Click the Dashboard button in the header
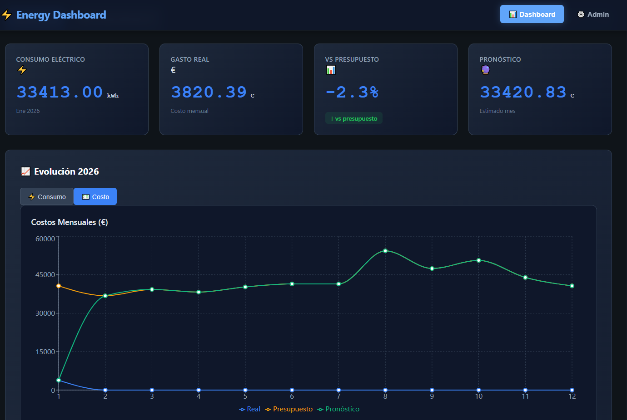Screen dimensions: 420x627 point(532,15)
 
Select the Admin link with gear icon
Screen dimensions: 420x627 point(593,15)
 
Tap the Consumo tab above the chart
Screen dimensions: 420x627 point(47,197)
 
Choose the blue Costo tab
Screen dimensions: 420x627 point(95,197)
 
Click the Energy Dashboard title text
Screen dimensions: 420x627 point(61,15)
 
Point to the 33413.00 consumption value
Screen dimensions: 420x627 point(60,92)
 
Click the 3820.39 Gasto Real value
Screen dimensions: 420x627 point(209,92)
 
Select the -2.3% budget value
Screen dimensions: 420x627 point(352,92)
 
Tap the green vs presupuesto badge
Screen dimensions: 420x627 point(354,118)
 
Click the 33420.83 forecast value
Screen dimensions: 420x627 point(523,92)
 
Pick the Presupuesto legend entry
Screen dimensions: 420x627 point(289,409)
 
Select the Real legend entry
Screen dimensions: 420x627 point(250,409)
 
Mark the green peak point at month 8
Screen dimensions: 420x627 point(385,251)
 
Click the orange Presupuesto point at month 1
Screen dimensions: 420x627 point(59,286)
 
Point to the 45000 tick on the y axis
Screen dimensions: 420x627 point(45,275)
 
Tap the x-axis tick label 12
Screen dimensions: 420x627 point(572,396)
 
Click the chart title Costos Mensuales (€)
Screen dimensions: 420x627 point(70,222)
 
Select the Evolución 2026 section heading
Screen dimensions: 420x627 point(66,171)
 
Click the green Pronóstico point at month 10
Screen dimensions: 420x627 point(479,260)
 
